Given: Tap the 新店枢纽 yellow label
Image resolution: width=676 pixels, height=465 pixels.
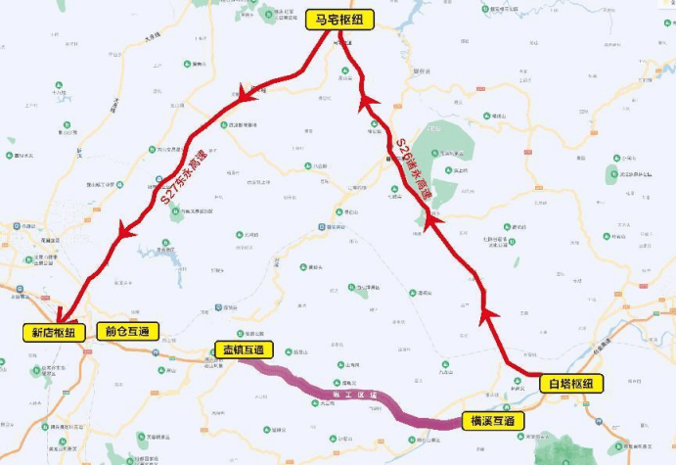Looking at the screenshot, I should (55, 331).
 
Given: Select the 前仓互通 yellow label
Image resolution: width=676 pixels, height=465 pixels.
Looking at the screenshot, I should (127, 331).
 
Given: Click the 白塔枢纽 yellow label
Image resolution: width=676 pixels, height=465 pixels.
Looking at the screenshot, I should (571, 383).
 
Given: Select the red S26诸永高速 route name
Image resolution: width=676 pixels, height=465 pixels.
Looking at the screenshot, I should (414, 168).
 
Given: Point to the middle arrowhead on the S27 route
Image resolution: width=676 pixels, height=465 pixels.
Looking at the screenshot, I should (125, 232).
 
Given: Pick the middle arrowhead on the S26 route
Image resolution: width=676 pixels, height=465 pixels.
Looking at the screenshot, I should (429, 227).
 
